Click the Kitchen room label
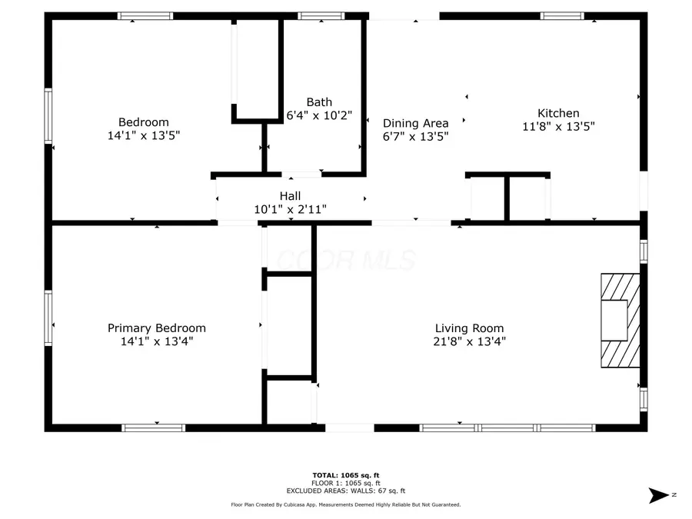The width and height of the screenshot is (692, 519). (x=558, y=113)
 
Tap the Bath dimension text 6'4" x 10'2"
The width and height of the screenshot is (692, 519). (x=319, y=115)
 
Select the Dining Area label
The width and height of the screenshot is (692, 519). (x=415, y=123)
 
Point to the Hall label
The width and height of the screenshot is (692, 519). (x=290, y=196)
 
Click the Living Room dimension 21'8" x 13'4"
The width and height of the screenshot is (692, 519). (x=469, y=341)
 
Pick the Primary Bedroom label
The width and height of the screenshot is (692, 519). (x=157, y=328)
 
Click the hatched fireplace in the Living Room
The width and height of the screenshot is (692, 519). (x=620, y=321)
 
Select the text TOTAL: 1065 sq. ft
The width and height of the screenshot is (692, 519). (x=346, y=475)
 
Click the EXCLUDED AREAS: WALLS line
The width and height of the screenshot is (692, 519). (x=346, y=491)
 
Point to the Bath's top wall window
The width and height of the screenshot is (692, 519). (x=321, y=16)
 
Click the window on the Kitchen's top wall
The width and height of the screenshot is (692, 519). (x=562, y=16)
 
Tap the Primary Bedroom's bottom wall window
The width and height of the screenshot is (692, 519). (x=154, y=428)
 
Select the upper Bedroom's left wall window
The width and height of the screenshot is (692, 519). (x=48, y=116)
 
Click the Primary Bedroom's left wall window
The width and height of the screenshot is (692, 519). (x=48, y=318)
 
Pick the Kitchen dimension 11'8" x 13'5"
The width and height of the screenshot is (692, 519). (x=558, y=127)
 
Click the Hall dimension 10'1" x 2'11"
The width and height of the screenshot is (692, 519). (x=290, y=209)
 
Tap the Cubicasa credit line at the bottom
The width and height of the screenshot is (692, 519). (x=346, y=504)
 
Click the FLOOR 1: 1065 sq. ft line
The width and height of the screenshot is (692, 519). (x=346, y=484)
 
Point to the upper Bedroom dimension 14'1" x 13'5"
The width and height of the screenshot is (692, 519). (x=144, y=135)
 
